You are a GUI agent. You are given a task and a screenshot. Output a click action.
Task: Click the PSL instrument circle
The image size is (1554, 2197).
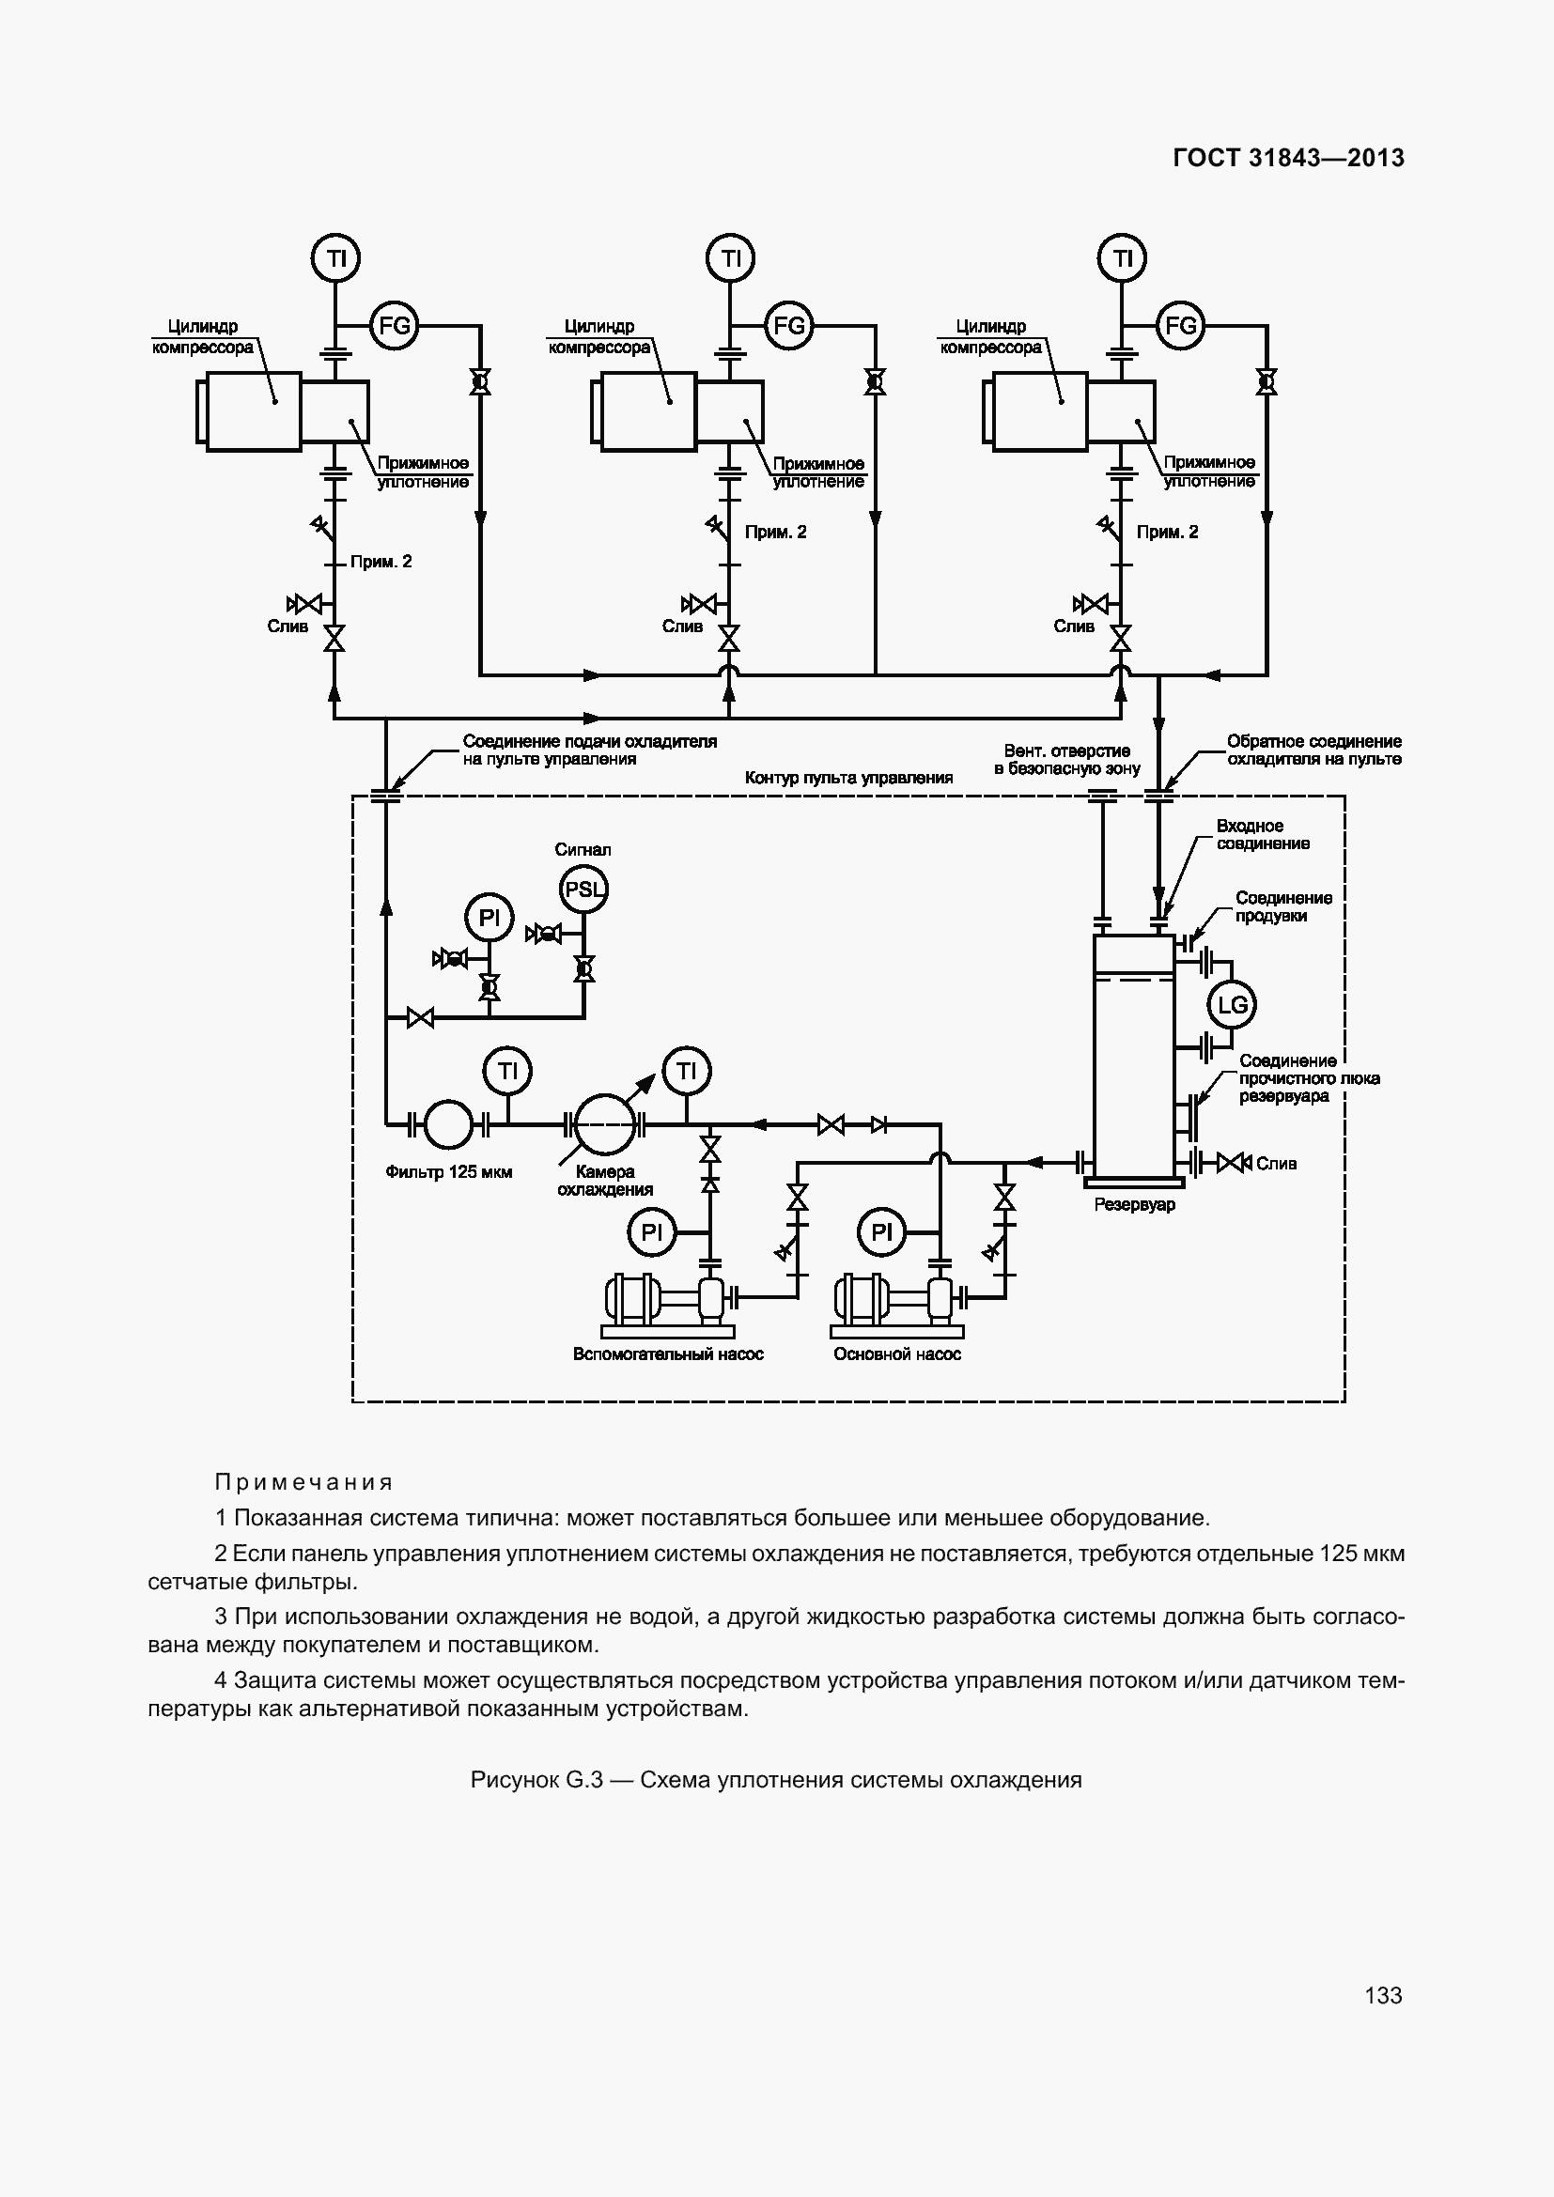(x=583, y=889)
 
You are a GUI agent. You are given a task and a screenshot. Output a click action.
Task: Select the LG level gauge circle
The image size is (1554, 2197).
(x=1232, y=1005)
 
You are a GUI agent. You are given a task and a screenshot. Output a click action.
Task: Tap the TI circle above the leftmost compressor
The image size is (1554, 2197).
(x=335, y=258)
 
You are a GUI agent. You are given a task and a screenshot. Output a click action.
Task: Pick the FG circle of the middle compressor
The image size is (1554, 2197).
(x=788, y=325)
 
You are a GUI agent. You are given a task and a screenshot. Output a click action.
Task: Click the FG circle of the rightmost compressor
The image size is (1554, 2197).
(x=1181, y=325)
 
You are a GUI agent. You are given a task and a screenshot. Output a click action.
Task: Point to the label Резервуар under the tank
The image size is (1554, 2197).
(x=1134, y=1205)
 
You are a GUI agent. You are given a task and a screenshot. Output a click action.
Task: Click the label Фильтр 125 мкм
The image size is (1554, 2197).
(x=449, y=1172)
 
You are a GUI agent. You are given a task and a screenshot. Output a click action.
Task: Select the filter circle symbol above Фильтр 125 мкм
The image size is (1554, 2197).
(x=447, y=1124)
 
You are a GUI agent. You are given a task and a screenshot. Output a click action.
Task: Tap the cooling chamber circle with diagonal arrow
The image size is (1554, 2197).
(x=604, y=1124)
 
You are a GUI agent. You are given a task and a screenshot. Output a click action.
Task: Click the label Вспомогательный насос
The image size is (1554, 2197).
(x=668, y=1354)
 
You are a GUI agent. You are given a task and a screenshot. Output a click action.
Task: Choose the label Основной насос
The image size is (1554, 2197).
(x=896, y=1354)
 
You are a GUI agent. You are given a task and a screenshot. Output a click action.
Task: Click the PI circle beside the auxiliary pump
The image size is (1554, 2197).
(x=652, y=1232)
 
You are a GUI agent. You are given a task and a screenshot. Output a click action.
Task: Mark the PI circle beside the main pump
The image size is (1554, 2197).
(x=881, y=1232)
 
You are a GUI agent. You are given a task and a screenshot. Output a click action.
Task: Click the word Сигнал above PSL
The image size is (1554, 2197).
(x=583, y=850)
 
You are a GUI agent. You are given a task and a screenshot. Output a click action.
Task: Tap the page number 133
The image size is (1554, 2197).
(x=1383, y=1995)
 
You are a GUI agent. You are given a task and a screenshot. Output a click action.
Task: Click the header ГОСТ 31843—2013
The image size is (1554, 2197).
(x=1288, y=158)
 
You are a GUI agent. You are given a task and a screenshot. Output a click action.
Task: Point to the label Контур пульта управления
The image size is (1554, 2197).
(x=848, y=778)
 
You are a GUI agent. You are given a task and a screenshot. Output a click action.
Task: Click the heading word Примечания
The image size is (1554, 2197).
(x=303, y=1482)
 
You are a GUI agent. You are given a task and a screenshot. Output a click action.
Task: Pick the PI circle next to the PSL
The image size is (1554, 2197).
(x=488, y=919)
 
